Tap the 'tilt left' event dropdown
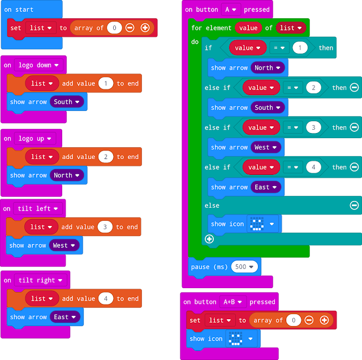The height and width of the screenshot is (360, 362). pos(39,209)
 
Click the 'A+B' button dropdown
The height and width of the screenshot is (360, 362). pos(232,302)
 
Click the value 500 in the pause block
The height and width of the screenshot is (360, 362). pos(244,267)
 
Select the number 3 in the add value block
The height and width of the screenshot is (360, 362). pos(105,227)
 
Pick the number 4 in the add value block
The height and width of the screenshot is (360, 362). pos(106,299)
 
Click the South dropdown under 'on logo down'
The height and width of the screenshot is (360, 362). pos(67,102)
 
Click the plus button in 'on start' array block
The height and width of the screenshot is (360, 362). pos(145,28)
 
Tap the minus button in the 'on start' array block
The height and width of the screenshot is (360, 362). pos(130,28)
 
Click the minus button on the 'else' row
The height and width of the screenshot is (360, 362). pos(354,205)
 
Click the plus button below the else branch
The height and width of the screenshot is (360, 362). pos(209,239)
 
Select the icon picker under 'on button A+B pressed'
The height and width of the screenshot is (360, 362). pos(242,339)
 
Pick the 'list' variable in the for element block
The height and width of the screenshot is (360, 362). pos(291,28)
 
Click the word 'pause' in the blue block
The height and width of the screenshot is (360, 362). pos(201,267)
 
